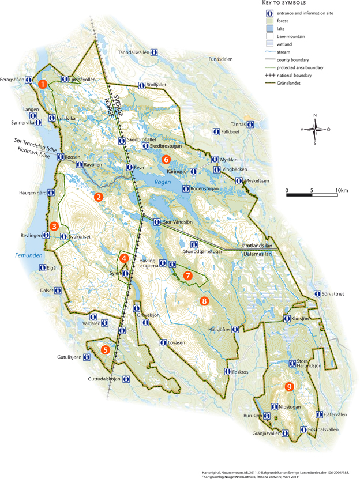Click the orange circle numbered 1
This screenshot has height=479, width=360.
pos(43,84)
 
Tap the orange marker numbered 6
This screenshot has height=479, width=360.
pos(166,159)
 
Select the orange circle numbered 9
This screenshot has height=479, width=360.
pos(289,387)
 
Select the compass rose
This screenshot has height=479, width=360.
pos(314,129)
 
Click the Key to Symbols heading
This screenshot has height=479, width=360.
pos(288,3)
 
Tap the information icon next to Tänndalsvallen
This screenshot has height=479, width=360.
pos(155,51)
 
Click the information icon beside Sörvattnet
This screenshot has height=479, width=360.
pos(317,293)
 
